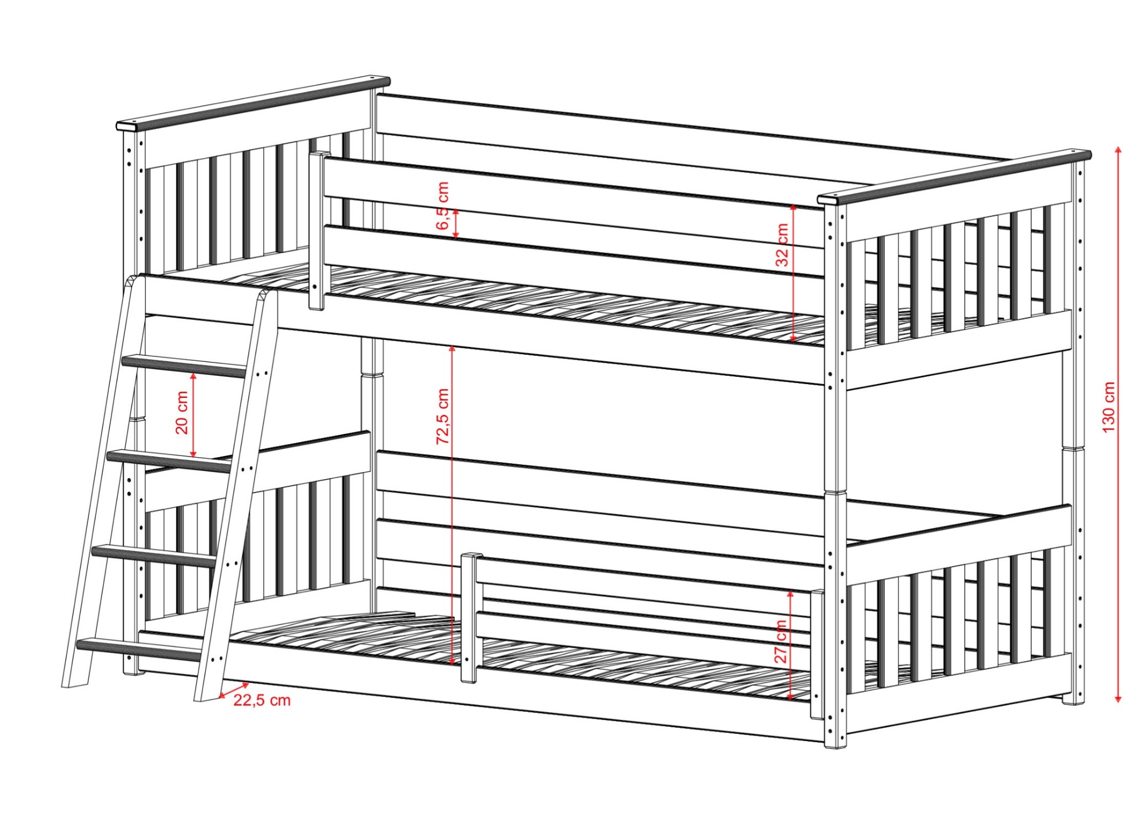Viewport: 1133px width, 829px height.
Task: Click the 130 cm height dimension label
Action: point(1109,407)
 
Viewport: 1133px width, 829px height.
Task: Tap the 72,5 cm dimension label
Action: point(443,416)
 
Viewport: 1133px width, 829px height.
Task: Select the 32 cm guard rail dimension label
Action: point(782,244)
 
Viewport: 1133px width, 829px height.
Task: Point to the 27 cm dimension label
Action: point(780,641)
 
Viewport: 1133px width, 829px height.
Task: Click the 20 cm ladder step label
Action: point(182,412)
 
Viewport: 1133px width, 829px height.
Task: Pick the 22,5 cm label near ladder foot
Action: point(261,700)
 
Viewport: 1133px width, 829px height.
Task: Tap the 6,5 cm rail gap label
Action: point(443,206)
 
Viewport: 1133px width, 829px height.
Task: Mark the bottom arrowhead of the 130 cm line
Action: point(1118,699)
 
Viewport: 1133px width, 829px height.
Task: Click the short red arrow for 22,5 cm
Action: point(234,690)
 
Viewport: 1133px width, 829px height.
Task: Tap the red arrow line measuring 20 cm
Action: point(193,415)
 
